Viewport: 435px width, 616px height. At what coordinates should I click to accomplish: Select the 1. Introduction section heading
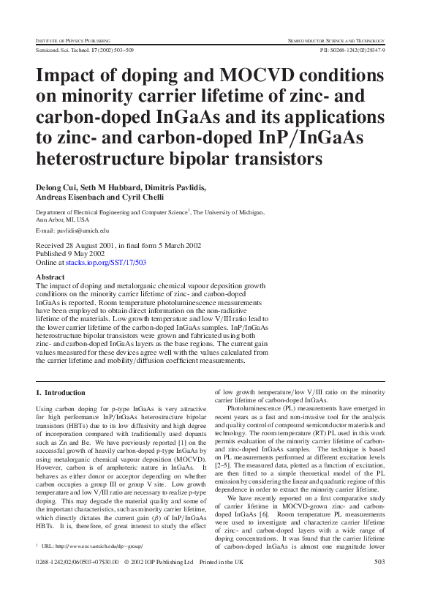point(61,392)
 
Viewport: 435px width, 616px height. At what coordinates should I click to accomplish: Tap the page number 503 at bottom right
point(379,582)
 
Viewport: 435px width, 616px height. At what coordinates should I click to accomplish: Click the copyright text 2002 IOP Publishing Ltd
point(159,582)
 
